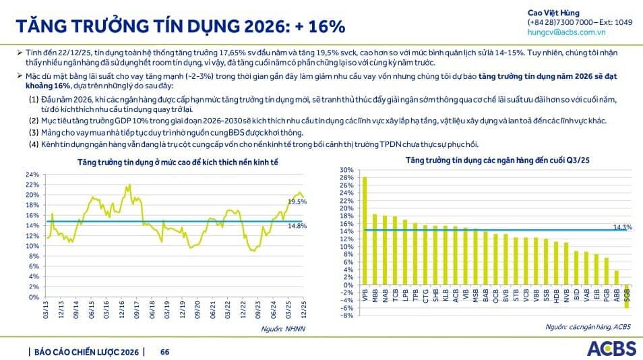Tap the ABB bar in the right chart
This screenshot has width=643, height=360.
pyautogui.click(x=616, y=278)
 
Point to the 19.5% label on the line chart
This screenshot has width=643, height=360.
pyautogui.click(x=297, y=202)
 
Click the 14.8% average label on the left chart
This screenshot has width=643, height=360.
pyautogui.click(x=297, y=226)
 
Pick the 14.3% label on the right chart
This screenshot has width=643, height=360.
pyautogui.click(x=623, y=227)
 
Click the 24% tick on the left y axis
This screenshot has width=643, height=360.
pyautogui.click(x=32, y=175)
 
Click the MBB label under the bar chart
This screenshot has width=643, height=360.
pyautogui.click(x=375, y=298)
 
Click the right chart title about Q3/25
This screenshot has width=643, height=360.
pyautogui.click(x=489, y=160)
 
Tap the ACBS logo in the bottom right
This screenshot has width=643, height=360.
pyautogui.click(x=611, y=349)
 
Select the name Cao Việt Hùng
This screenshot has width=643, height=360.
pyautogui.click(x=553, y=13)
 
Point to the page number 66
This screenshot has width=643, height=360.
pyautogui.click(x=164, y=352)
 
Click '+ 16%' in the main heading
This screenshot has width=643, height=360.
pyautogui.click(x=318, y=26)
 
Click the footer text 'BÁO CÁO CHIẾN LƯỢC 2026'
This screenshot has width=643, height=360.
pyautogui.click(x=86, y=352)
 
